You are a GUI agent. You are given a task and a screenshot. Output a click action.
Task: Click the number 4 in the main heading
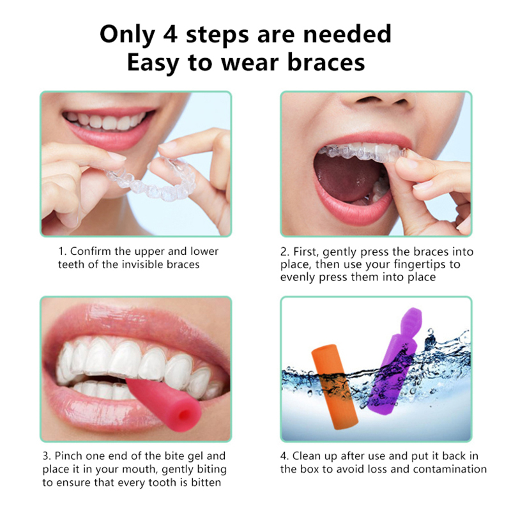coord(171,34)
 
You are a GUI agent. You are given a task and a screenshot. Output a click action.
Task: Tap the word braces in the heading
coord(326,63)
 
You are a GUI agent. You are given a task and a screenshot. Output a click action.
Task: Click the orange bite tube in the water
coord(335,386)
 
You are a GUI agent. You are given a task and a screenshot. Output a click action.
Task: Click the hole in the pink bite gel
coord(185,416)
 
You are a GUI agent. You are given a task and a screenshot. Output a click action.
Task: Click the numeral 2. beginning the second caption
coord(285,252)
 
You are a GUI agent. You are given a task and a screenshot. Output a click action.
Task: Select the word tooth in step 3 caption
coord(164,482)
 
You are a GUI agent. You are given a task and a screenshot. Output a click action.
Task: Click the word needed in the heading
coord(347,34)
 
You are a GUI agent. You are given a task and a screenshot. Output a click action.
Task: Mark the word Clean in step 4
coord(307,455)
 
